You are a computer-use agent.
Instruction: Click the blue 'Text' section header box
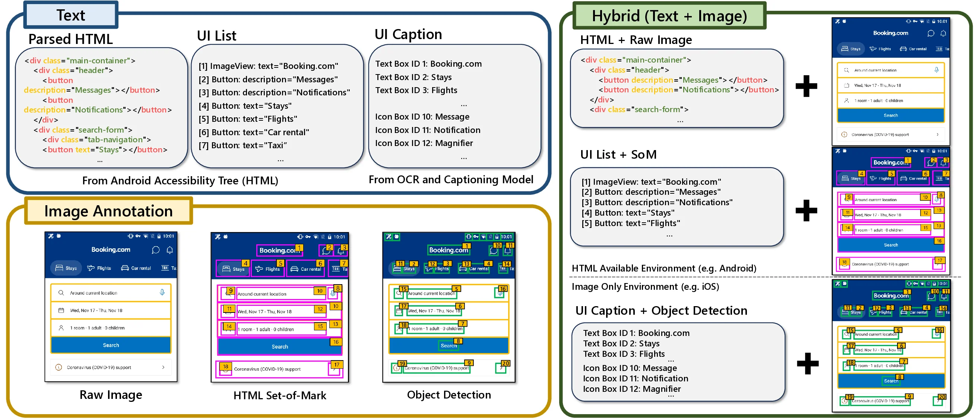[x=71, y=15]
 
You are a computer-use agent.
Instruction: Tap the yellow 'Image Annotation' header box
[x=108, y=211]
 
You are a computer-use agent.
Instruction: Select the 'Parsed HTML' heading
[x=70, y=39]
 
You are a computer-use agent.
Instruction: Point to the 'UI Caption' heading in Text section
[x=408, y=34]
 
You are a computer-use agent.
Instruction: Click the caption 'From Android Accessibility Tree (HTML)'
[x=180, y=180]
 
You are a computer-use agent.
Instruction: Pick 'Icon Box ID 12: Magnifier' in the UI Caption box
[x=424, y=143]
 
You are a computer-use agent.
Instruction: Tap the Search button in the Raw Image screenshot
[x=111, y=345]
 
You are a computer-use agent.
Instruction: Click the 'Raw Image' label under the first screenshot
[x=111, y=395]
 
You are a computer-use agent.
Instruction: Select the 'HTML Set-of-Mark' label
[x=280, y=396]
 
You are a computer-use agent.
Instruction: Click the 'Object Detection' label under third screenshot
[x=449, y=395]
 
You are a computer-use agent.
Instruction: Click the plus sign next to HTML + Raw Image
[x=806, y=86]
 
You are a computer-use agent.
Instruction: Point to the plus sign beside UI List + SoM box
[x=806, y=210]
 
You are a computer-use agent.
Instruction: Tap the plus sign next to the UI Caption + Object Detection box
[x=808, y=363]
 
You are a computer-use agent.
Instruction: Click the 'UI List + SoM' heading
[x=618, y=155]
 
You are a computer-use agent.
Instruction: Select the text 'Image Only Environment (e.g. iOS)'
[x=645, y=286]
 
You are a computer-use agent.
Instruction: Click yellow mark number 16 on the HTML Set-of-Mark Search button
[x=336, y=342]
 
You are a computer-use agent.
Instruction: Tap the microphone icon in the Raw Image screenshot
[x=162, y=292]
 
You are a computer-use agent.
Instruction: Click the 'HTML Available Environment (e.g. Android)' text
[x=663, y=268]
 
